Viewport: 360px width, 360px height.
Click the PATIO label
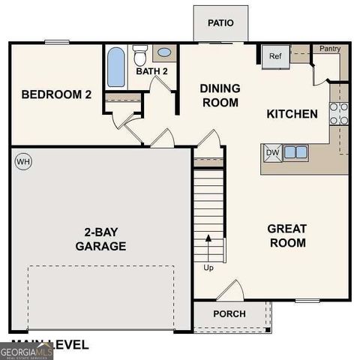click(x=220, y=23)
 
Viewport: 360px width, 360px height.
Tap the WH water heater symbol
click(x=22, y=161)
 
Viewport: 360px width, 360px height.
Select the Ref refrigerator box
click(x=274, y=56)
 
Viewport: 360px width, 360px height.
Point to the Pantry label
click(x=330, y=49)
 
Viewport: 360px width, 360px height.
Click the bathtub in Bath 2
click(x=116, y=67)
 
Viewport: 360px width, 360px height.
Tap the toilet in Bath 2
click(x=139, y=55)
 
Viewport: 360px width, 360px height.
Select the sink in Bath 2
click(x=163, y=53)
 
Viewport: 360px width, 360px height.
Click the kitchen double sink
click(x=295, y=152)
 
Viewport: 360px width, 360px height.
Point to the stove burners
click(x=339, y=112)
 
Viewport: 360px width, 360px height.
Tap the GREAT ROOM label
click(x=287, y=235)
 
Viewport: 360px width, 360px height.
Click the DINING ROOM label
click(x=219, y=94)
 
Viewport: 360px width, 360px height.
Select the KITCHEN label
click(x=292, y=114)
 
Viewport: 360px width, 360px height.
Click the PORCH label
click(x=229, y=313)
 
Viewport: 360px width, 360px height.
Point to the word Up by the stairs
click(x=208, y=266)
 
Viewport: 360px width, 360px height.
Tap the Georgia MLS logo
click(x=26, y=351)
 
